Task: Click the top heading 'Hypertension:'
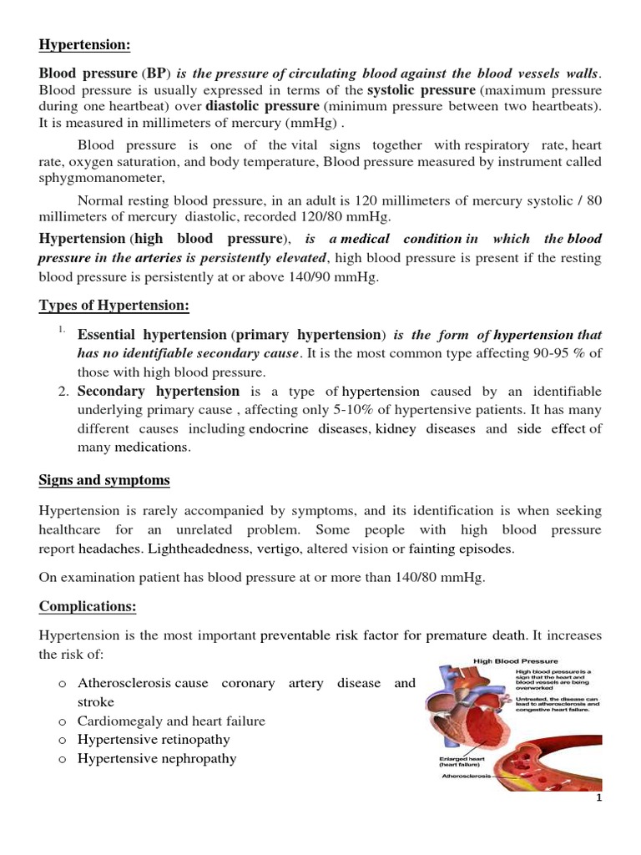[84, 44]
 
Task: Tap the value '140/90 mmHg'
[344, 277]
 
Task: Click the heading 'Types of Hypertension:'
[114, 306]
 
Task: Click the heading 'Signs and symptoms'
[104, 480]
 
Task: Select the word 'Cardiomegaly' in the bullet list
[116, 721]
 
